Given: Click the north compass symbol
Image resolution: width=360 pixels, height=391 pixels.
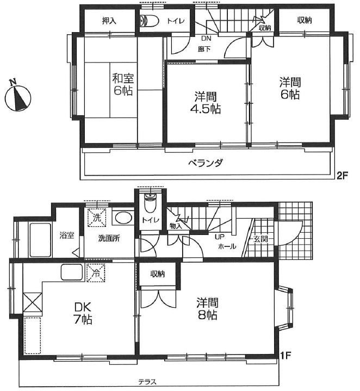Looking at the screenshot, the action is (x=18, y=96).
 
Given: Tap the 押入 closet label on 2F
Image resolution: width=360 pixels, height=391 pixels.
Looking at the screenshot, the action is (x=109, y=21).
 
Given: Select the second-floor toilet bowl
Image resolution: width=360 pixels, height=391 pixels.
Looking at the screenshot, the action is (x=148, y=21).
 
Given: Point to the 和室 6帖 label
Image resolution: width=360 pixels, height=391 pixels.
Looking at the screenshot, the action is (x=123, y=84).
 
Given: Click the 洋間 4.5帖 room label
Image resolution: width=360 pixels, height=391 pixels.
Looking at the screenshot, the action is (x=206, y=103).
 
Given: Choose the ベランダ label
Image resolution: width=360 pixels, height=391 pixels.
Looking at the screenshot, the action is (x=205, y=163).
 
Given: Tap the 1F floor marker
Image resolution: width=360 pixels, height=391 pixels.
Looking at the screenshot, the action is (x=285, y=355).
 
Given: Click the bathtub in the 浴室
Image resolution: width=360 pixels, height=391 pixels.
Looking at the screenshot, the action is (x=40, y=240).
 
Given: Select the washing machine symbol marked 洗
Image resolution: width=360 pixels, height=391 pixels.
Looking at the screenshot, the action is (x=97, y=218).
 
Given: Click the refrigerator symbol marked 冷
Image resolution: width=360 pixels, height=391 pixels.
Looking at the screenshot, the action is (x=96, y=274).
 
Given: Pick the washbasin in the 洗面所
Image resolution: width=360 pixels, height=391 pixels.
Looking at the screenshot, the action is (x=124, y=219).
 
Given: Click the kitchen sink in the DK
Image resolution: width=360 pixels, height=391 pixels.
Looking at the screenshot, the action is (x=72, y=272).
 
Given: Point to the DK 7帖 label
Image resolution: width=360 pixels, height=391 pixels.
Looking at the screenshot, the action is (x=83, y=313).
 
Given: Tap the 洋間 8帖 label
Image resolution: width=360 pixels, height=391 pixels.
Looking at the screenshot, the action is (x=207, y=309).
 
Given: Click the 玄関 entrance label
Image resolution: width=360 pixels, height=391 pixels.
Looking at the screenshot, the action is (x=261, y=239).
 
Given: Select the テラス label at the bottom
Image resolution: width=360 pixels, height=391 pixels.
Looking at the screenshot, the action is (x=147, y=382).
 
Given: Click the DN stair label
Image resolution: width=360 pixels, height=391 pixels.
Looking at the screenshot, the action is (x=206, y=39).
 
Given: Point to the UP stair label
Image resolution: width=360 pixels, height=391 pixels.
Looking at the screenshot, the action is (x=220, y=237).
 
